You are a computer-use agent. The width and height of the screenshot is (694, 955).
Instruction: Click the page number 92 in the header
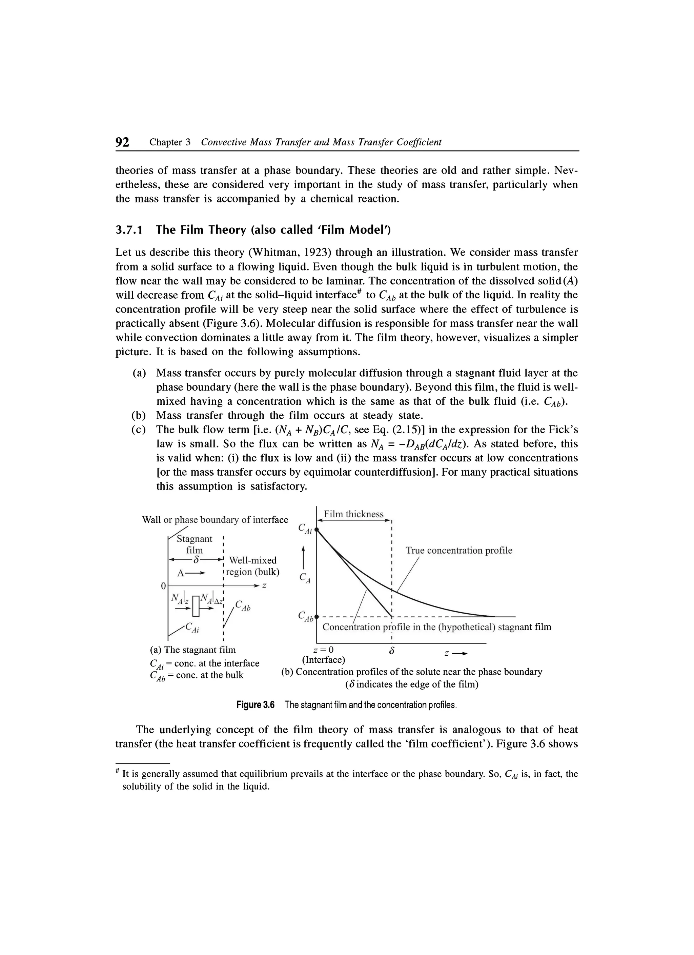point(122,142)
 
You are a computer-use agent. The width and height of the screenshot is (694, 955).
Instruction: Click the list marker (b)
point(139,416)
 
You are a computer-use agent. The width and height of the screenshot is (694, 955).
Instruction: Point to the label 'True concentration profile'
point(459,550)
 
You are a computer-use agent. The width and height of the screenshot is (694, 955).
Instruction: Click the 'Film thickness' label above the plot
point(353,514)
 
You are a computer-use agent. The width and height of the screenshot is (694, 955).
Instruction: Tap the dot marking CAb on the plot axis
point(317,616)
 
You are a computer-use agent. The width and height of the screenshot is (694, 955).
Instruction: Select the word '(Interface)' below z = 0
point(324,659)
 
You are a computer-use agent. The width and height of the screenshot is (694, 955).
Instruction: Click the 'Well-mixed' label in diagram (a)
point(252,560)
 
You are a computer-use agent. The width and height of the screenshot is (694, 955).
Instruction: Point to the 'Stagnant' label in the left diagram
point(195,539)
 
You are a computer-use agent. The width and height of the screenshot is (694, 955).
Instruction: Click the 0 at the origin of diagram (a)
point(163,586)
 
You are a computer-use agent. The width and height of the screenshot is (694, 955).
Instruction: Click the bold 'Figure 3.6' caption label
point(255,705)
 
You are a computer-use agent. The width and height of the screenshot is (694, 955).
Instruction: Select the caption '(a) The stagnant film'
point(193,650)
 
